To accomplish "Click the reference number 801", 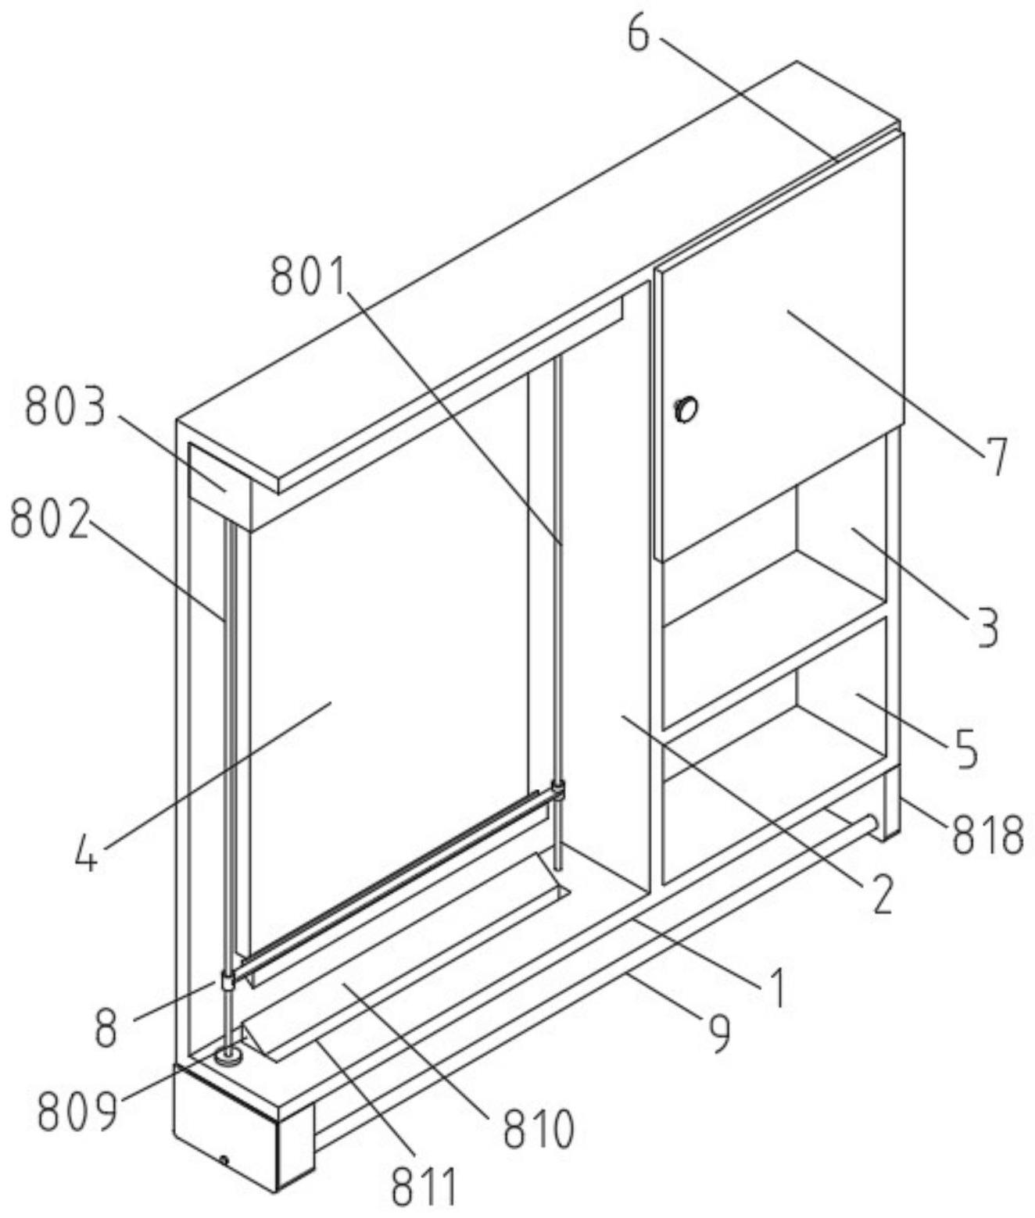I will point(309,278).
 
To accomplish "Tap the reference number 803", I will point(64,409).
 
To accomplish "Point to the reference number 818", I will point(987,834).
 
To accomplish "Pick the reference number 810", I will point(538,1128).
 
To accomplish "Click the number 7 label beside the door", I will point(995,456).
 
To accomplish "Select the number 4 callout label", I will point(87,855).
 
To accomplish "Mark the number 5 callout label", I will point(966,748).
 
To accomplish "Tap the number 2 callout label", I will point(881,895).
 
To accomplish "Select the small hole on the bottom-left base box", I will point(224,1161).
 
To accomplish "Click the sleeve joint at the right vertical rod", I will point(558,789).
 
